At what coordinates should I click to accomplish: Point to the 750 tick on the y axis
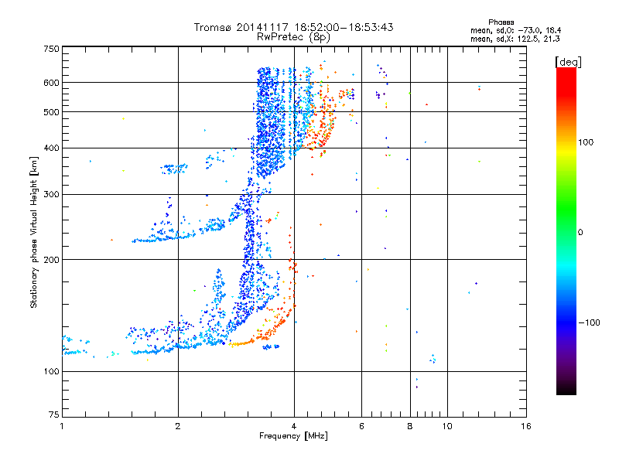point(50,49)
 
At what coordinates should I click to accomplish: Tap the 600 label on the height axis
point(50,83)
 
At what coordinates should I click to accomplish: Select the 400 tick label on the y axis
point(50,148)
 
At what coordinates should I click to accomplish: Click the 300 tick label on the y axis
point(50,194)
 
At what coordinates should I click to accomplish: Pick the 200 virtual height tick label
point(50,260)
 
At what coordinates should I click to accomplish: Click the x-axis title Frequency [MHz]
point(293,437)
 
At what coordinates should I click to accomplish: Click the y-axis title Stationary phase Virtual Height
point(34,232)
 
